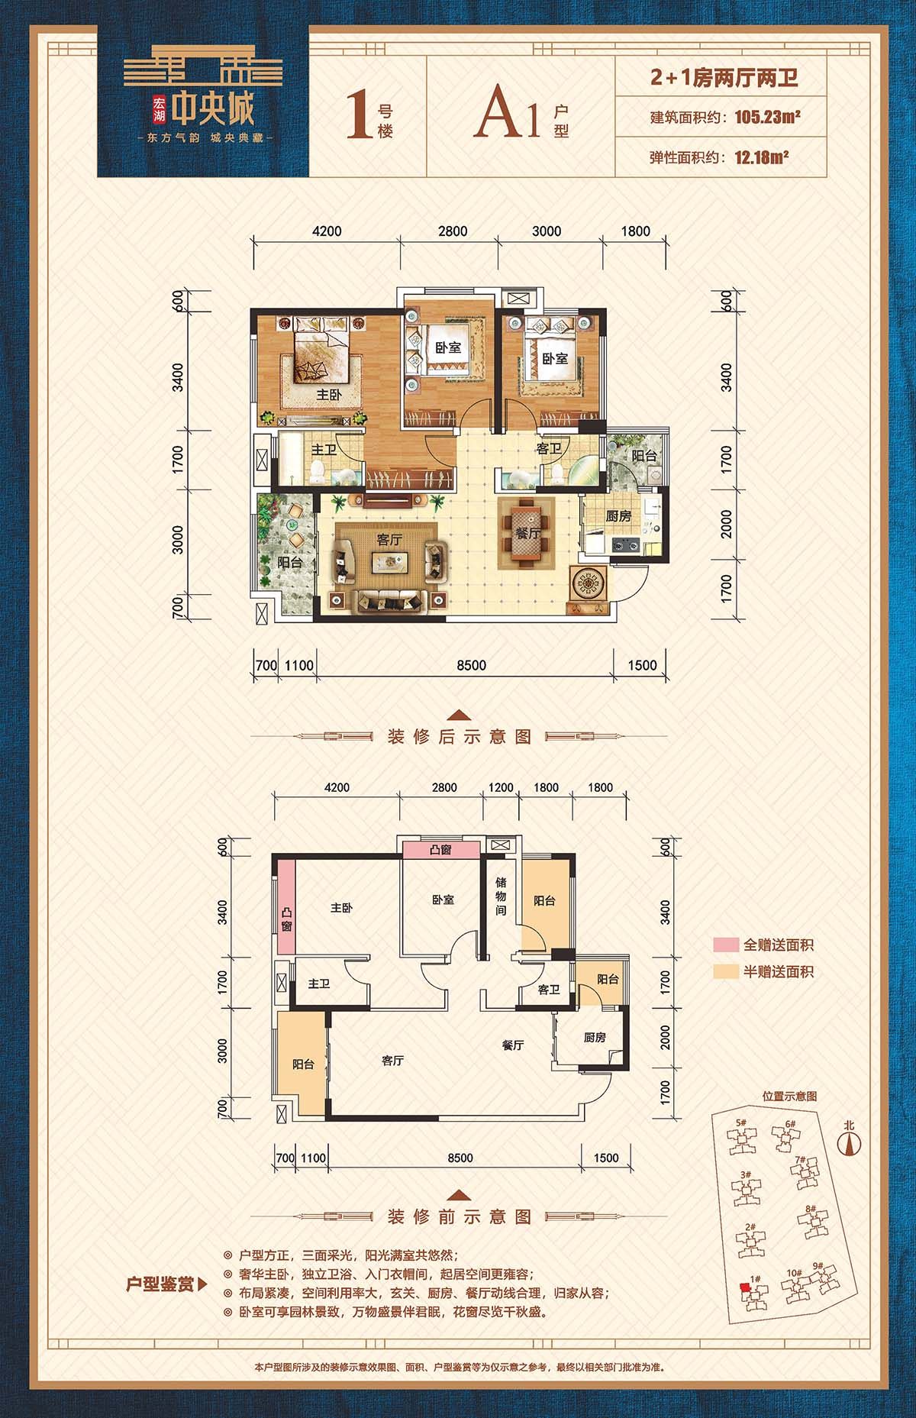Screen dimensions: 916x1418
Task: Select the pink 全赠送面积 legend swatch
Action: click(x=727, y=945)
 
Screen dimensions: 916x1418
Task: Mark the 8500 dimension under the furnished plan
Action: click(x=472, y=665)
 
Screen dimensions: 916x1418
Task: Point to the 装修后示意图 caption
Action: click(x=460, y=737)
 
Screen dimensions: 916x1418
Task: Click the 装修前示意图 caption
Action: click(x=460, y=1216)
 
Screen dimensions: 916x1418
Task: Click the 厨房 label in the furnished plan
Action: click(x=619, y=517)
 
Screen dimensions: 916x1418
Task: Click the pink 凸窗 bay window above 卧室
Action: click(x=442, y=849)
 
